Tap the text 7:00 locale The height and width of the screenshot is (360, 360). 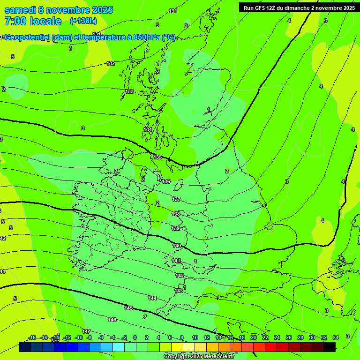tap(33, 21)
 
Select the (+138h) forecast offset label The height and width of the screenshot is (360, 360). tap(83, 21)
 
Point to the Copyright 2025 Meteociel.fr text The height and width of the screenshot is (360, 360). tap(198, 356)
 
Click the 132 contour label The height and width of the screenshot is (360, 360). tap(111, 63)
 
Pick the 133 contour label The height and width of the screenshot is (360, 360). tap(129, 91)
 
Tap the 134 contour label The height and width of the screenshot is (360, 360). tap(148, 129)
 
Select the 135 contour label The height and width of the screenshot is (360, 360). tap(157, 157)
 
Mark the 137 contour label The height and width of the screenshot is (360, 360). tap(176, 199)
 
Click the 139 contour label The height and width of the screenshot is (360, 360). tap(175, 228)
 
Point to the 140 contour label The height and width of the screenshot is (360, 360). tap(177, 246)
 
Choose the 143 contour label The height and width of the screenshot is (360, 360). tap(179, 291)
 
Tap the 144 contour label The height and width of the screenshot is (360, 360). tap(152, 298)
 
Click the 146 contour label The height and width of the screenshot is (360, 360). tap(112, 320)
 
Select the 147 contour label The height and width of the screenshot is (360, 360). tap(86, 331)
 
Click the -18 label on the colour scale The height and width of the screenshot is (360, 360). tap(32, 337)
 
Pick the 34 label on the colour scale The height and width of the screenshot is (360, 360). tap(336, 337)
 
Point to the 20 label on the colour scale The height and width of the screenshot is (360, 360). tap(253, 337)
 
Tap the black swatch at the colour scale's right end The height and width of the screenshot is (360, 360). tap(330, 347)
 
